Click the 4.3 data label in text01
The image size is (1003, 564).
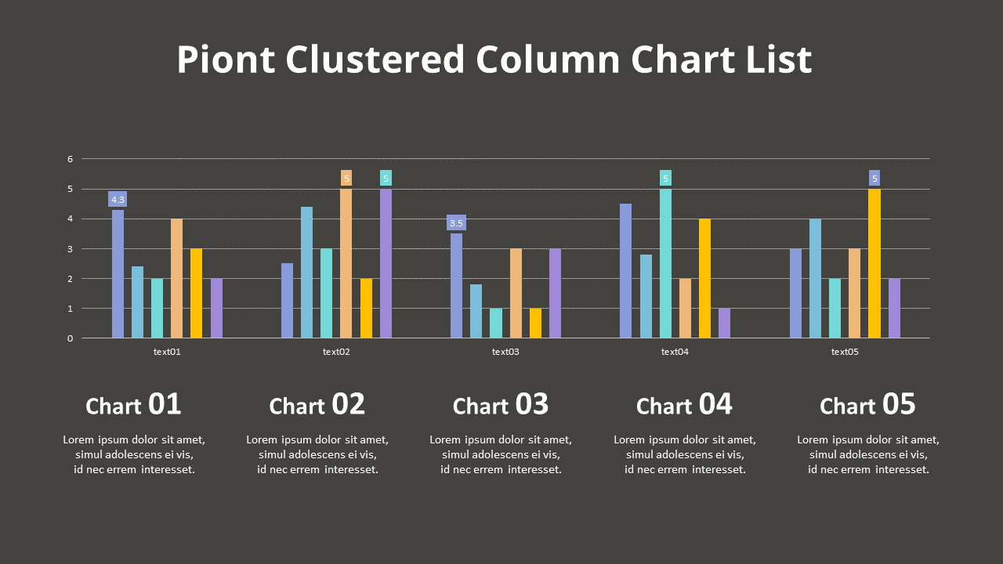pos(118,200)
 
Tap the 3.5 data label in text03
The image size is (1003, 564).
pos(456,223)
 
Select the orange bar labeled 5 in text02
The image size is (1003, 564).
pos(346,263)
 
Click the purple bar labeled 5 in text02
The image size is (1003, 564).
pos(386,263)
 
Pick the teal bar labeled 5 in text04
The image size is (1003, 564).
pos(665,263)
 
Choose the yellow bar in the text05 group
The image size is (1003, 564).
pos(874,263)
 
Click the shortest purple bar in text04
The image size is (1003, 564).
pos(724,324)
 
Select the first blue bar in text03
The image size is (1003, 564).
pos(456,286)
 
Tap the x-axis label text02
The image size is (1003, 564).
pos(336,352)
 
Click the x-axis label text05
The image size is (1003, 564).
pos(845,352)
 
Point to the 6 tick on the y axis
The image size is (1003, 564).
pos(70,159)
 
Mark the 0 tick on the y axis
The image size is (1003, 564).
pos(70,338)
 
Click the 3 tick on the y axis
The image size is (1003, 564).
pos(70,249)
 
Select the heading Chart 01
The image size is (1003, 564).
pos(133,405)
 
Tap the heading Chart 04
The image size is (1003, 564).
pos(684,405)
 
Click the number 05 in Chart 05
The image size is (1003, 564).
pos(899,404)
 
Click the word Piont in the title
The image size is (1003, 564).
pos(226,60)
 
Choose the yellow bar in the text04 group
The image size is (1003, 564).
pos(704,279)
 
